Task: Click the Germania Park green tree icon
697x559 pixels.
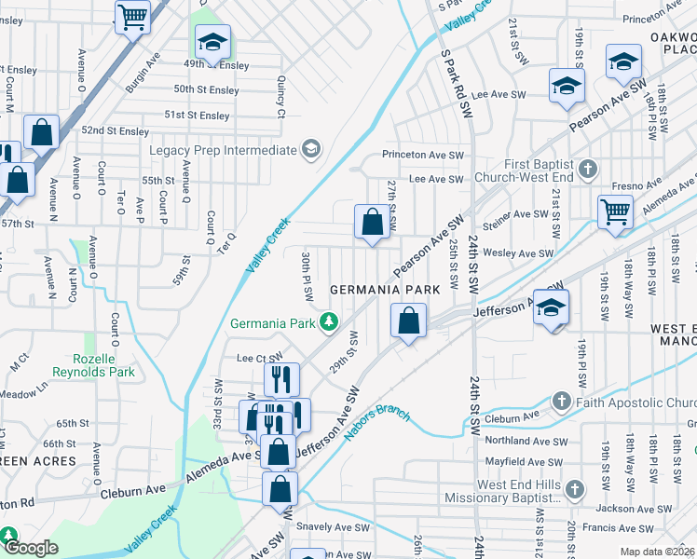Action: pos(328,323)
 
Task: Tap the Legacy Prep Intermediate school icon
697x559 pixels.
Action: pos(310,150)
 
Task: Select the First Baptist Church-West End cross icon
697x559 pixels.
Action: pos(586,170)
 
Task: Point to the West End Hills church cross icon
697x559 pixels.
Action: pos(576,489)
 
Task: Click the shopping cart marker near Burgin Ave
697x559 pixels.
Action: pos(132,16)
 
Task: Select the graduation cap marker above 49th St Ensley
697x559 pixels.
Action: pos(212,43)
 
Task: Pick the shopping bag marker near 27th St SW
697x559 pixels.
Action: pos(372,223)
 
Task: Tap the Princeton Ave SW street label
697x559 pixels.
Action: pos(422,155)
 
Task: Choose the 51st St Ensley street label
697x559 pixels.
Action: pos(197,116)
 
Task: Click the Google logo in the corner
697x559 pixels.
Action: pos(30,548)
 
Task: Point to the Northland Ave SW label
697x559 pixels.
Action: pos(526,442)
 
